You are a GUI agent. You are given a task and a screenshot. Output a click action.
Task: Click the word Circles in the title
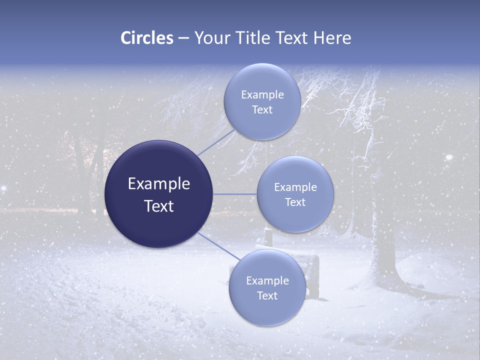146,38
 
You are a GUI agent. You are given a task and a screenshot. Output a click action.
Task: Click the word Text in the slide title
292,38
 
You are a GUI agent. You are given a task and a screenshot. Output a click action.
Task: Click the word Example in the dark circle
158,184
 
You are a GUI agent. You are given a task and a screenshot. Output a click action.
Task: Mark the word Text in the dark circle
158,206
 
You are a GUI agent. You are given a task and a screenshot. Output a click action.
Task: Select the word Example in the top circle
262,95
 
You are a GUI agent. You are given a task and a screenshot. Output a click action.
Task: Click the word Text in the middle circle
295,202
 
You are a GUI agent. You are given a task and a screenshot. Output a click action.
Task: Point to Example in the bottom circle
267,281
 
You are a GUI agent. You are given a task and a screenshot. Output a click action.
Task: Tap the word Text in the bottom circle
267,296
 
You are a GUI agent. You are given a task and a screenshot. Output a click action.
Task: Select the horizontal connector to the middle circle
235,194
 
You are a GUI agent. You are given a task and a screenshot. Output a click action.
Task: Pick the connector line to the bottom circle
218,246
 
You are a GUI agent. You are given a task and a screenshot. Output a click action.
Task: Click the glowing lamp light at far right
449,157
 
